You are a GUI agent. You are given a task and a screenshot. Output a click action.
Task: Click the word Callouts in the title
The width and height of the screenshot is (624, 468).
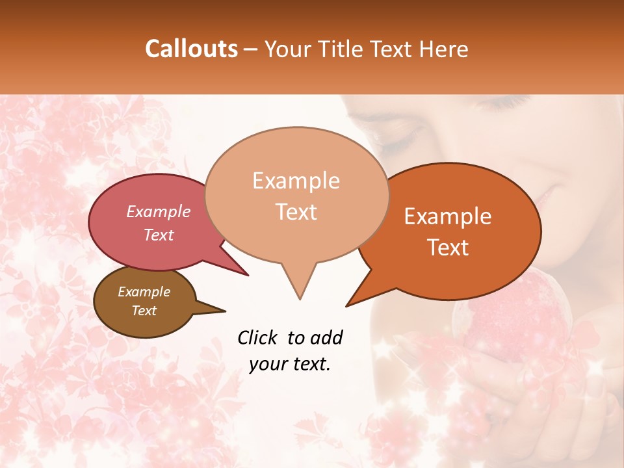(x=191, y=49)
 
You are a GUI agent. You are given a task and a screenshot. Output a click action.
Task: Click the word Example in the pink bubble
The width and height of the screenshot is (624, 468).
(x=158, y=211)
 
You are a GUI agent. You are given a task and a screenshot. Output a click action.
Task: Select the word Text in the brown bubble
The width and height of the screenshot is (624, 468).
(x=144, y=311)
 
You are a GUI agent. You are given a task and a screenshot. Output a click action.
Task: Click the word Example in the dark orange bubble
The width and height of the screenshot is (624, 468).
(x=448, y=217)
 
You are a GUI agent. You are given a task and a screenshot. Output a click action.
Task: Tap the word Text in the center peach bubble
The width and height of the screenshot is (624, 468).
(x=296, y=212)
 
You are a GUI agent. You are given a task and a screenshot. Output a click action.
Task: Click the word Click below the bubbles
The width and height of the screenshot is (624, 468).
(x=258, y=337)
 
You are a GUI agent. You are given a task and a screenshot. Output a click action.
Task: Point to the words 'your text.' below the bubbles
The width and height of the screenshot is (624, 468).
(x=290, y=364)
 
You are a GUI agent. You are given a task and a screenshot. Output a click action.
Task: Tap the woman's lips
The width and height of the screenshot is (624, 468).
(x=546, y=195)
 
